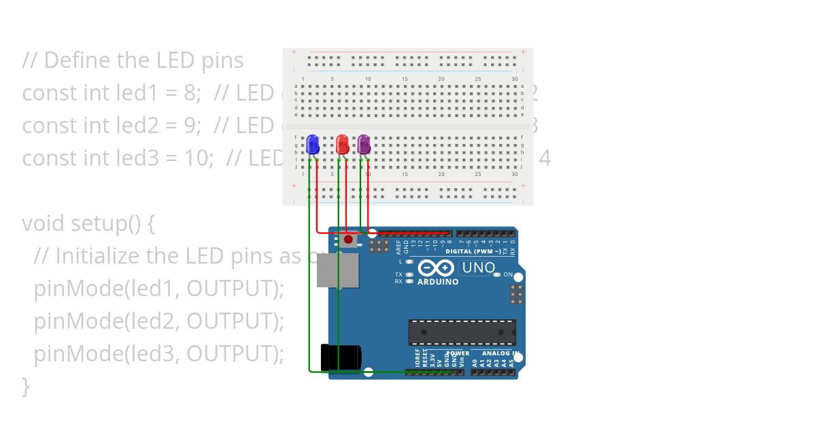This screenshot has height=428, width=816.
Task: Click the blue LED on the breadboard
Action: tap(313, 144)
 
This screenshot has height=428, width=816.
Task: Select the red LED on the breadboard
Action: tap(343, 144)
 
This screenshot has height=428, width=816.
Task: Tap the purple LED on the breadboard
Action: tap(364, 144)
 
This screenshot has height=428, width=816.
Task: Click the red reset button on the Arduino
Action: tap(349, 240)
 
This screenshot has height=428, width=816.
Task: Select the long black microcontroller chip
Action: tap(462, 332)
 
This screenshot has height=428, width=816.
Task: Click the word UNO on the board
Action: tap(479, 268)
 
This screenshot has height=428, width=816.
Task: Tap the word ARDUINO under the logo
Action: tap(437, 282)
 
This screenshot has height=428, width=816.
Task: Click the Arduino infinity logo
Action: tap(435, 267)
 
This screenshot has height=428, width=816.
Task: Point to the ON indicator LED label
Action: tap(507, 274)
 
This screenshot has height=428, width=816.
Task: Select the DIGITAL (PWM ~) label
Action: tap(474, 251)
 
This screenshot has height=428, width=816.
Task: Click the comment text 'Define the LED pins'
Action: tap(143, 60)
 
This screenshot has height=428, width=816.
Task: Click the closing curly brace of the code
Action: tap(26, 386)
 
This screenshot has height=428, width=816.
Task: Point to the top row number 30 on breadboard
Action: tap(515, 79)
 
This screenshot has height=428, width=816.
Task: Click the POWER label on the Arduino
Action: tap(458, 353)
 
